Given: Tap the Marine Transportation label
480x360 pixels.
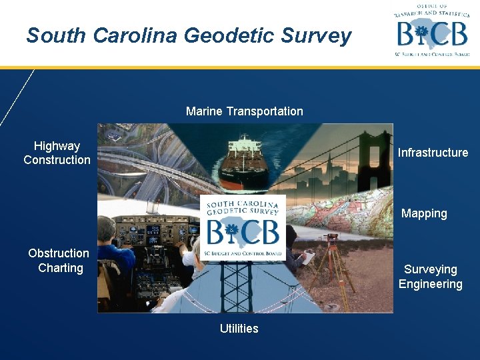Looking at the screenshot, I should point(244,111).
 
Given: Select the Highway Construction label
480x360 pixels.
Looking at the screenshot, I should point(57,153).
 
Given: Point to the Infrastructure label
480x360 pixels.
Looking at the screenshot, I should point(433,153).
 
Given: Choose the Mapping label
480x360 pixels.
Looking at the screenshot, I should point(424,213).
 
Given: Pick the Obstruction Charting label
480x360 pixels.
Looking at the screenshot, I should point(59,261).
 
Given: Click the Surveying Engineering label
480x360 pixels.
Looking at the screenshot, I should point(431,277).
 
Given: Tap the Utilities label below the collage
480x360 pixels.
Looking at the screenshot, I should point(239,328).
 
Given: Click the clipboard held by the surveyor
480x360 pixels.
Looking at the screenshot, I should point(308,257).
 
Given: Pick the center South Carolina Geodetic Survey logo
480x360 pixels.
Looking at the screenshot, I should point(243,227).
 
